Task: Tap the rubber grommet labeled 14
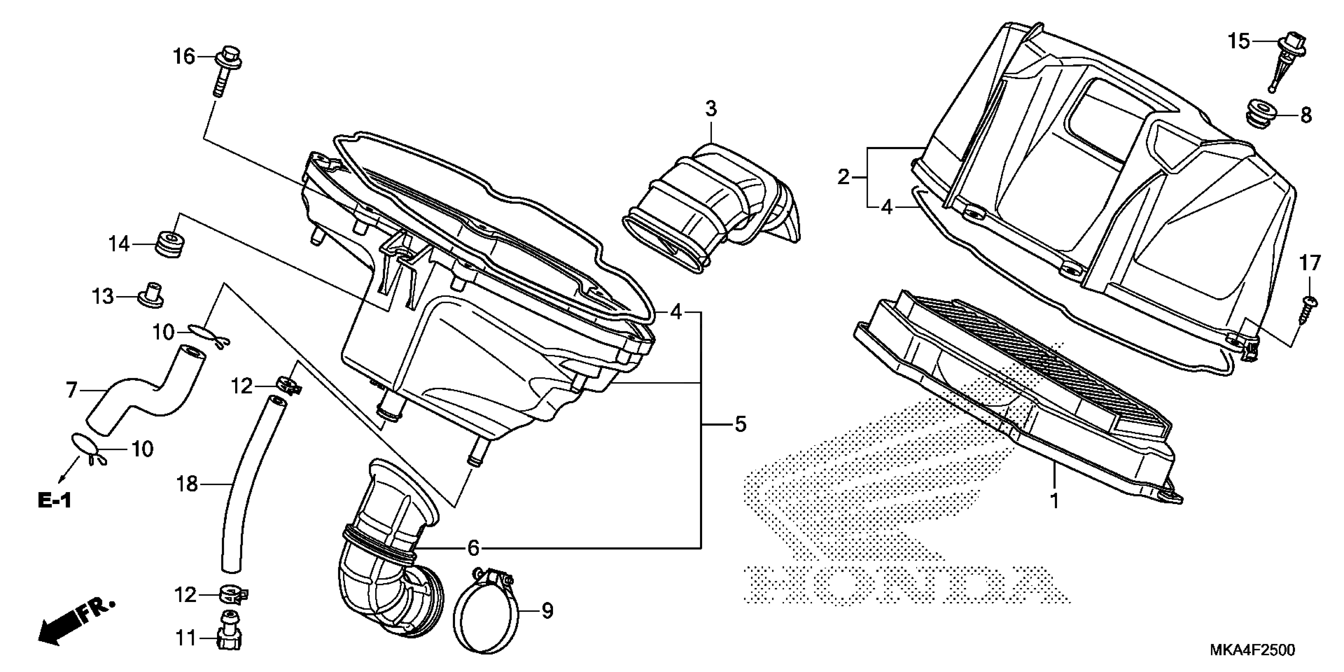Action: click(x=170, y=245)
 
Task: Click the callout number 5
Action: click(x=740, y=424)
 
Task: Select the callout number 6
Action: click(x=473, y=548)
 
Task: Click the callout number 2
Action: click(x=844, y=178)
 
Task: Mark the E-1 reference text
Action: click(x=54, y=501)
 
